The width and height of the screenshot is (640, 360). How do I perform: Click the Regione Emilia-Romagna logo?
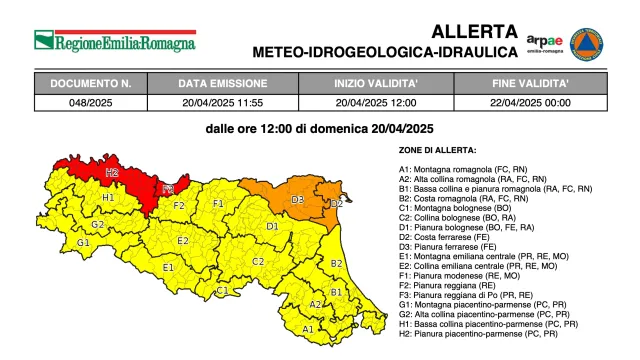tap(115, 41)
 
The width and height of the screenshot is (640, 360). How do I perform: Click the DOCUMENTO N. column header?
tap(89, 84)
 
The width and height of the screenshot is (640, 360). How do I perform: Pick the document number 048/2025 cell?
tap(89, 101)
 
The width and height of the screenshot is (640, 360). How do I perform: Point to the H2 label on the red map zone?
tap(111, 173)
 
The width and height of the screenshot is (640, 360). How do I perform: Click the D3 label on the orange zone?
tap(297, 200)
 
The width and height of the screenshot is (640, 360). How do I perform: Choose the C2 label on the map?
tap(257, 261)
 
